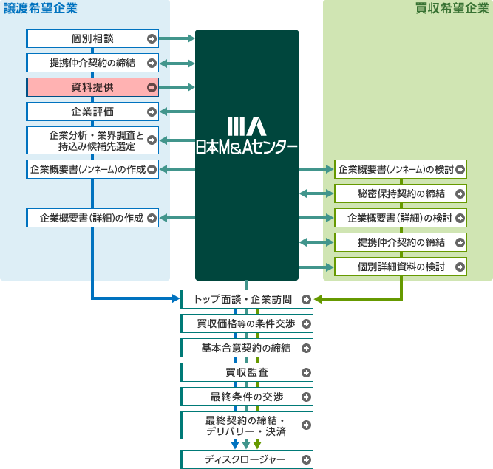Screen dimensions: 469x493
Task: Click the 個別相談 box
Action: pos(92,38)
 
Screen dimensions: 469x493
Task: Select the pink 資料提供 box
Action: pos(92,87)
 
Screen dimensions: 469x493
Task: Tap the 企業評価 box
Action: pos(92,112)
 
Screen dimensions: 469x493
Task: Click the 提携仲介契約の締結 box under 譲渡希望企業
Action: pos(92,63)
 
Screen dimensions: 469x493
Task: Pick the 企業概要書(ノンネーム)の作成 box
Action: pos(92,169)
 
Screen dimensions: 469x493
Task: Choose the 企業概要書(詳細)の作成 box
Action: pos(92,218)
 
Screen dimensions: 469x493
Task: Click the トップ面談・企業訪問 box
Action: pos(247,299)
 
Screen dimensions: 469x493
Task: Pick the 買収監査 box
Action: pos(247,372)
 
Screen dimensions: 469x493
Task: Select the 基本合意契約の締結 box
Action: pos(247,348)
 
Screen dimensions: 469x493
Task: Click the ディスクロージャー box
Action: pos(247,459)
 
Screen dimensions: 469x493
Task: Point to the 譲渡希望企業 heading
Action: pos(41,9)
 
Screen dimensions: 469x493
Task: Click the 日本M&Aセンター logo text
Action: pos(247,146)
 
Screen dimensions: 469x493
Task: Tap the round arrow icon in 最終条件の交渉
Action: pos(306,397)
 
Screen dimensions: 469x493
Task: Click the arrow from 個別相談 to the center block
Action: pos(177,38)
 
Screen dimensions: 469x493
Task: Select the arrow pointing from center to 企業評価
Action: pos(177,112)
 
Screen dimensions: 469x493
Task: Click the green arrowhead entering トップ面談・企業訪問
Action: pos(319,299)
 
